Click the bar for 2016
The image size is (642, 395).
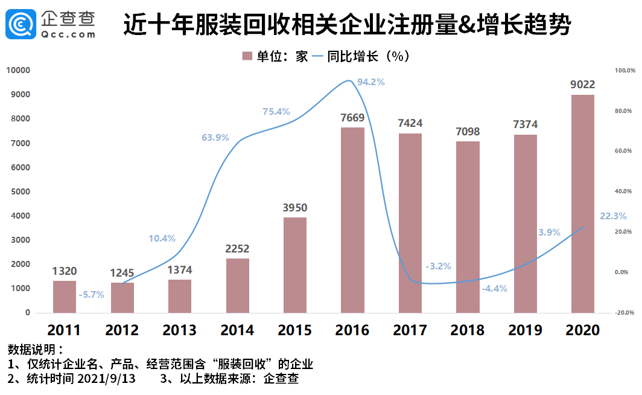[x=352, y=220]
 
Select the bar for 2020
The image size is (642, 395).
[x=583, y=204]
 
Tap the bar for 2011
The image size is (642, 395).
[x=65, y=297]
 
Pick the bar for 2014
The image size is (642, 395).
[x=237, y=285]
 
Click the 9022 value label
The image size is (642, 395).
[x=583, y=85]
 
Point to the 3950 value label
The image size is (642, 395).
[x=294, y=208]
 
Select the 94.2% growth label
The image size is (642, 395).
[x=370, y=82]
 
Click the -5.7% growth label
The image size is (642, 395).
[x=92, y=295]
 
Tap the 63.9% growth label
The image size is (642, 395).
[x=215, y=138]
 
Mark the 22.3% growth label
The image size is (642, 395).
[x=613, y=216]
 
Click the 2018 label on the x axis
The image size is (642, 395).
[x=467, y=330]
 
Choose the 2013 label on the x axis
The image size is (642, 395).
[x=179, y=330]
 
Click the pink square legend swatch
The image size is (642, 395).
[x=247, y=56]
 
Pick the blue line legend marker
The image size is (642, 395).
[x=317, y=56]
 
